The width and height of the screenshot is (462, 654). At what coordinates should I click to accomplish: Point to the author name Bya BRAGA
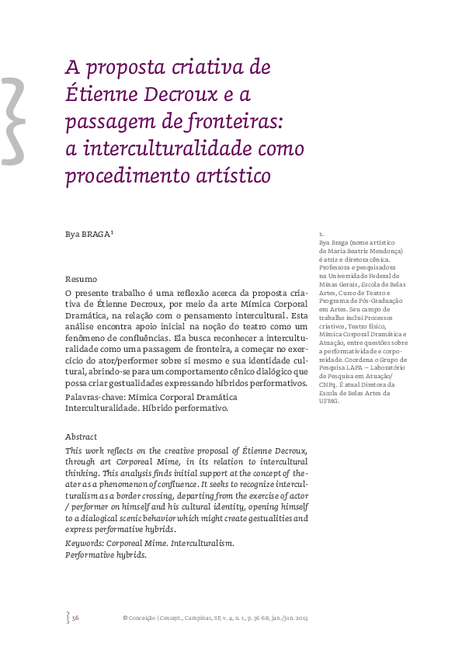click(x=88, y=234)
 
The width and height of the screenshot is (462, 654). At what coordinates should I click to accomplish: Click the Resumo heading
click(x=81, y=279)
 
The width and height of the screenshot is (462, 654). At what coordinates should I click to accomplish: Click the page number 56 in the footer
click(x=76, y=618)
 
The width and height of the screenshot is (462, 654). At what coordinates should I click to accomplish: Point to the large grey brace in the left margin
click(x=13, y=117)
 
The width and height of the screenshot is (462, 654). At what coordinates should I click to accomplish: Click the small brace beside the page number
click(x=68, y=618)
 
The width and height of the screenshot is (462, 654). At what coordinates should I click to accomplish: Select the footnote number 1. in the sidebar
click(x=321, y=235)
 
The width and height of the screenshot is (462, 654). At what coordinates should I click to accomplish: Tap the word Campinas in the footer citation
click(x=205, y=618)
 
